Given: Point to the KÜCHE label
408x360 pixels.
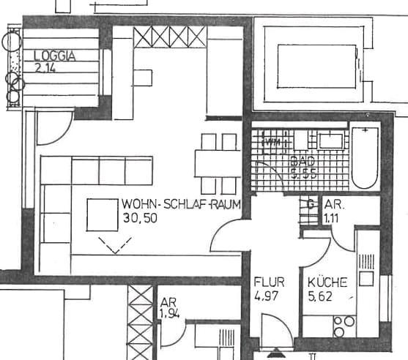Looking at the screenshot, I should pos(322,282).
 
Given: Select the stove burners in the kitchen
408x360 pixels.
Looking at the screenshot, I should pos(344,324).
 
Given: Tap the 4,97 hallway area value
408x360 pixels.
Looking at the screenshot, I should pos(267,296).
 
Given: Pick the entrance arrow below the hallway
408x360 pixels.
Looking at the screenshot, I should pos(275,353).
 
